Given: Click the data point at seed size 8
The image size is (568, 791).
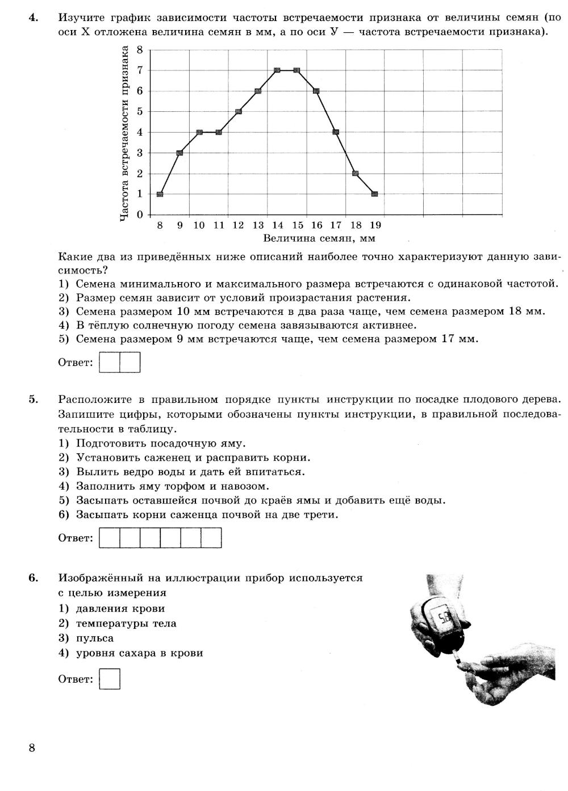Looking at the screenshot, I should [x=160, y=194].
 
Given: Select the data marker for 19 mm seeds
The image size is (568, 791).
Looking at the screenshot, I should [x=374, y=194].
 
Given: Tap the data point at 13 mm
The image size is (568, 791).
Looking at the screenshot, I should [x=257, y=91].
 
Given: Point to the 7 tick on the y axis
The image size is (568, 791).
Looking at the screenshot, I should [x=140, y=70].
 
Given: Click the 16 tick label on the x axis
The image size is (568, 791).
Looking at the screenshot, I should [x=316, y=225].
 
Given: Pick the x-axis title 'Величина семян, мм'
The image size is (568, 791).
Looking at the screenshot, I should [x=319, y=238].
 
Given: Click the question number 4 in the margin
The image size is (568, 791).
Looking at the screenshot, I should [x=33, y=18].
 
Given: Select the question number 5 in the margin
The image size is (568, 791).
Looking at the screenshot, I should [x=33, y=399].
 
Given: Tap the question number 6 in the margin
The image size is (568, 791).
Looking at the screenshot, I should [x=33, y=578].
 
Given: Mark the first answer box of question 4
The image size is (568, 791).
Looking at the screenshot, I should [x=110, y=363].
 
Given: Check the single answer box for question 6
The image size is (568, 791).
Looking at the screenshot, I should [x=110, y=679].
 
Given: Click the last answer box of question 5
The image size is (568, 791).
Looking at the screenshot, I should [x=211, y=538].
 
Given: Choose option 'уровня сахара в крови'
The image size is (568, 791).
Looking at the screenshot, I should [x=139, y=653].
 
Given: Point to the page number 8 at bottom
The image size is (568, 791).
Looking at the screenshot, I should [x=32, y=748].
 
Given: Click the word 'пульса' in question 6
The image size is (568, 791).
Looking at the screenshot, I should [x=95, y=638].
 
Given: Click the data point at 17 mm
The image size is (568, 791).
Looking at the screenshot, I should [x=336, y=132].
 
